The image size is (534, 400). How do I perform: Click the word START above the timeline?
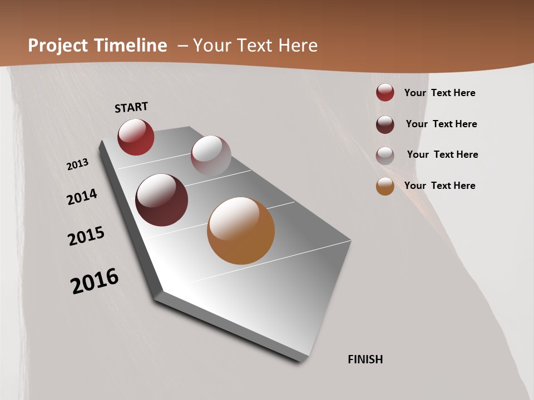[x=131, y=107]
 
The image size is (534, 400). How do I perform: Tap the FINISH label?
[x=365, y=359]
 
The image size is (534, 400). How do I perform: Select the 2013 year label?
[x=77, y=164]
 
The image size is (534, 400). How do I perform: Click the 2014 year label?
[x=82, y=197]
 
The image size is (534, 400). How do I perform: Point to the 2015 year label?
[x=86, y=236]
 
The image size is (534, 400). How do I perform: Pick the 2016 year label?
[x=95, y=281]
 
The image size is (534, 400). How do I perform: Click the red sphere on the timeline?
[x=136, y=137]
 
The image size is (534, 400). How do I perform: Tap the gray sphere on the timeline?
[x=211, y=156]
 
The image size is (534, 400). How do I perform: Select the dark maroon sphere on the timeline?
[x=162, y=200]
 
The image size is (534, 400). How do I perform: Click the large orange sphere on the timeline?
[x=241, y=231]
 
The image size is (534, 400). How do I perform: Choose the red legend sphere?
[x=385, y=93]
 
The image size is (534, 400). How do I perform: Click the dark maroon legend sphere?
[x=385, y=124]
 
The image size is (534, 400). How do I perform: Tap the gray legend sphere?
[x=385, y=156]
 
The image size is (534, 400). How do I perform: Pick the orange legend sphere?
[x=385, y=186]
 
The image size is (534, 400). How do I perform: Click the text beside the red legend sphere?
[x=439, y=93]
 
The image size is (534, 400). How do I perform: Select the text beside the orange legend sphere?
[x=439, y=186]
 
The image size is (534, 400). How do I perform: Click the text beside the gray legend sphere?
[x=442, y=154]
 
